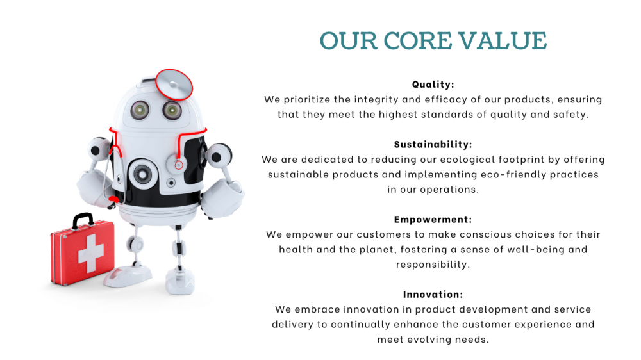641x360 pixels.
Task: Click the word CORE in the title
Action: coord(417,41)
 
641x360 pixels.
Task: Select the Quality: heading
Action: coord(433,85)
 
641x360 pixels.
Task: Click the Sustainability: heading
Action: coord(433,144)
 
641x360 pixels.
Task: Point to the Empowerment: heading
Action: coord(433,220)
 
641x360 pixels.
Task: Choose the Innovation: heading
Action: coord(433,294)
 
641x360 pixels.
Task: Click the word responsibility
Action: coord(433,265)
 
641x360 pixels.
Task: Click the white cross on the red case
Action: coord(91,254)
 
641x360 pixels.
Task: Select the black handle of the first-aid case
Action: coord(83,220)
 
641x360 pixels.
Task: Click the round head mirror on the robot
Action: coord(174,85)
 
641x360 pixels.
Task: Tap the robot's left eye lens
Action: coord(140,110)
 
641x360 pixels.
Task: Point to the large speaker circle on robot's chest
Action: coord(143,174)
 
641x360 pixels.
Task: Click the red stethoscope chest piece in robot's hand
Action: coord(114,200)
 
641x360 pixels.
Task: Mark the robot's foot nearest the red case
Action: coord(128,276)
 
